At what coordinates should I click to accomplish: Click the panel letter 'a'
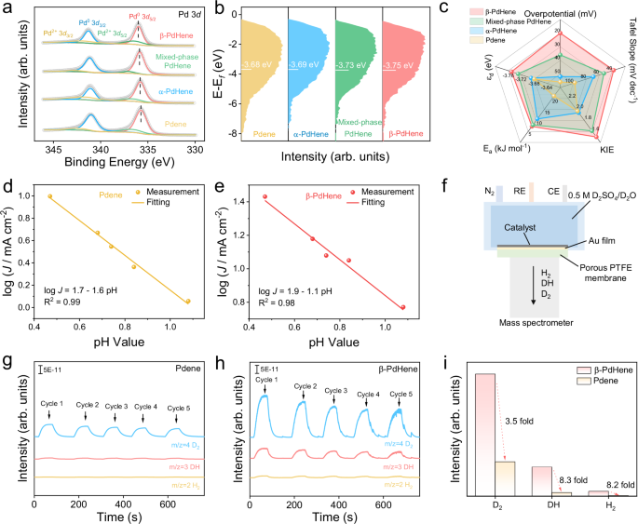[7, 8]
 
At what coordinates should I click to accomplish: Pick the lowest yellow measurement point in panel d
[187, 302]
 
